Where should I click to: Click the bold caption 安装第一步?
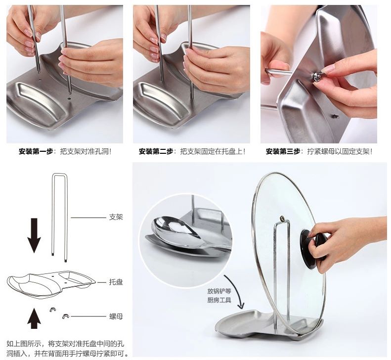pyautogui.click(x=36, y=151)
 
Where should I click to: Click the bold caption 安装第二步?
pyautogui.click(x=156, y=151)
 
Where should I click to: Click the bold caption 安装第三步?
pyautogui.click(x=283, y=151)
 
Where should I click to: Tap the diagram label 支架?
pyautogui.click(x=116, y=217)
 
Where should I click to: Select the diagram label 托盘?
pyautogui.click(x=116, y=282)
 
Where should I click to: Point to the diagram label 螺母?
pyautogui.click(x=116, y=316)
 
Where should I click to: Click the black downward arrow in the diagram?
pyautogui.click(x=34, y=235)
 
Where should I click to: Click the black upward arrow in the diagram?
pyautogui.click(x=34, y=318)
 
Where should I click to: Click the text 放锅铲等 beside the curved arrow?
pyautogui.click(x=219, y=291)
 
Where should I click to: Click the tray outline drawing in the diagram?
pyautogui.click(x=51, y=284)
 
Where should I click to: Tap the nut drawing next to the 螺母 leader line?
pyautogui.click(x=65, y=316)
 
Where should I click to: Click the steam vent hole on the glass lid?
pyautogui.click(x=282, y=219)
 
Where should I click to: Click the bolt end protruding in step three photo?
pyautogui.click(x=334, y=116)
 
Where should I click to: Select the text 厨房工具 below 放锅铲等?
pyautogui.click(x=219, y=300)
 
